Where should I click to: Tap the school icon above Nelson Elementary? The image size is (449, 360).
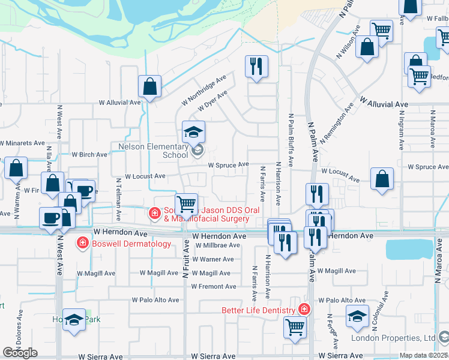(x=194, y=132)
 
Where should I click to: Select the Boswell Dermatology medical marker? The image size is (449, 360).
(x=82, y=243)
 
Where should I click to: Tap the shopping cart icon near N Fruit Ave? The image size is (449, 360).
(x=187, y=204)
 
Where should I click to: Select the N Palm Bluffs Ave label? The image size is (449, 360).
(x=291, y=139)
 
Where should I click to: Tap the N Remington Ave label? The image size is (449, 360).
(x=337, y=124)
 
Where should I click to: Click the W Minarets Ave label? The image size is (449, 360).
(x=22, y=144)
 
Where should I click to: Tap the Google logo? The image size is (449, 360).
(x=20, y=353)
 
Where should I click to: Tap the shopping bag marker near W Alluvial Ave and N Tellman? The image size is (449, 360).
(x=149, y=86)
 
